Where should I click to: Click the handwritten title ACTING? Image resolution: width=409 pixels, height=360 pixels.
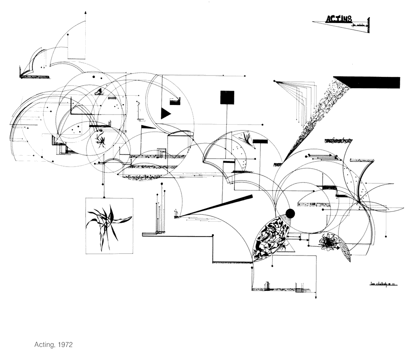pos(339,18)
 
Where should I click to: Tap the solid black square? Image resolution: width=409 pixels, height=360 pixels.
pos(227,97)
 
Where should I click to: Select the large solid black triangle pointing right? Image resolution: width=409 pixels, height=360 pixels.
pos(165,113)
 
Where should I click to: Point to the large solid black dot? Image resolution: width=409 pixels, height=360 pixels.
pos(290,214)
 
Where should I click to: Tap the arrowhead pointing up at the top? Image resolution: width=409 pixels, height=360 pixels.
pos(86,13)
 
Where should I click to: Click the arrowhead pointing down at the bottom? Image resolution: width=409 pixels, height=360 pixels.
pos(315,297)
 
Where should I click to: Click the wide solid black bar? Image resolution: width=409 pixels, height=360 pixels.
pos(370,83)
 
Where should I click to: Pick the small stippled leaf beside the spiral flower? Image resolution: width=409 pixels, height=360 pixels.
pos(344,248)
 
